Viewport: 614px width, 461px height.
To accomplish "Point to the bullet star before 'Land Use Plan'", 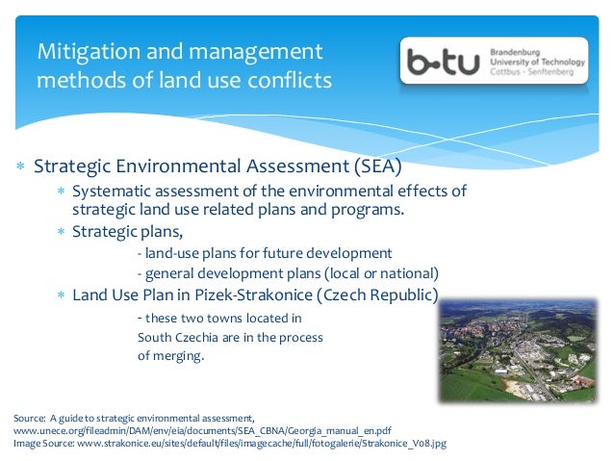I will pyautogui.click(x=60, y=295).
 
